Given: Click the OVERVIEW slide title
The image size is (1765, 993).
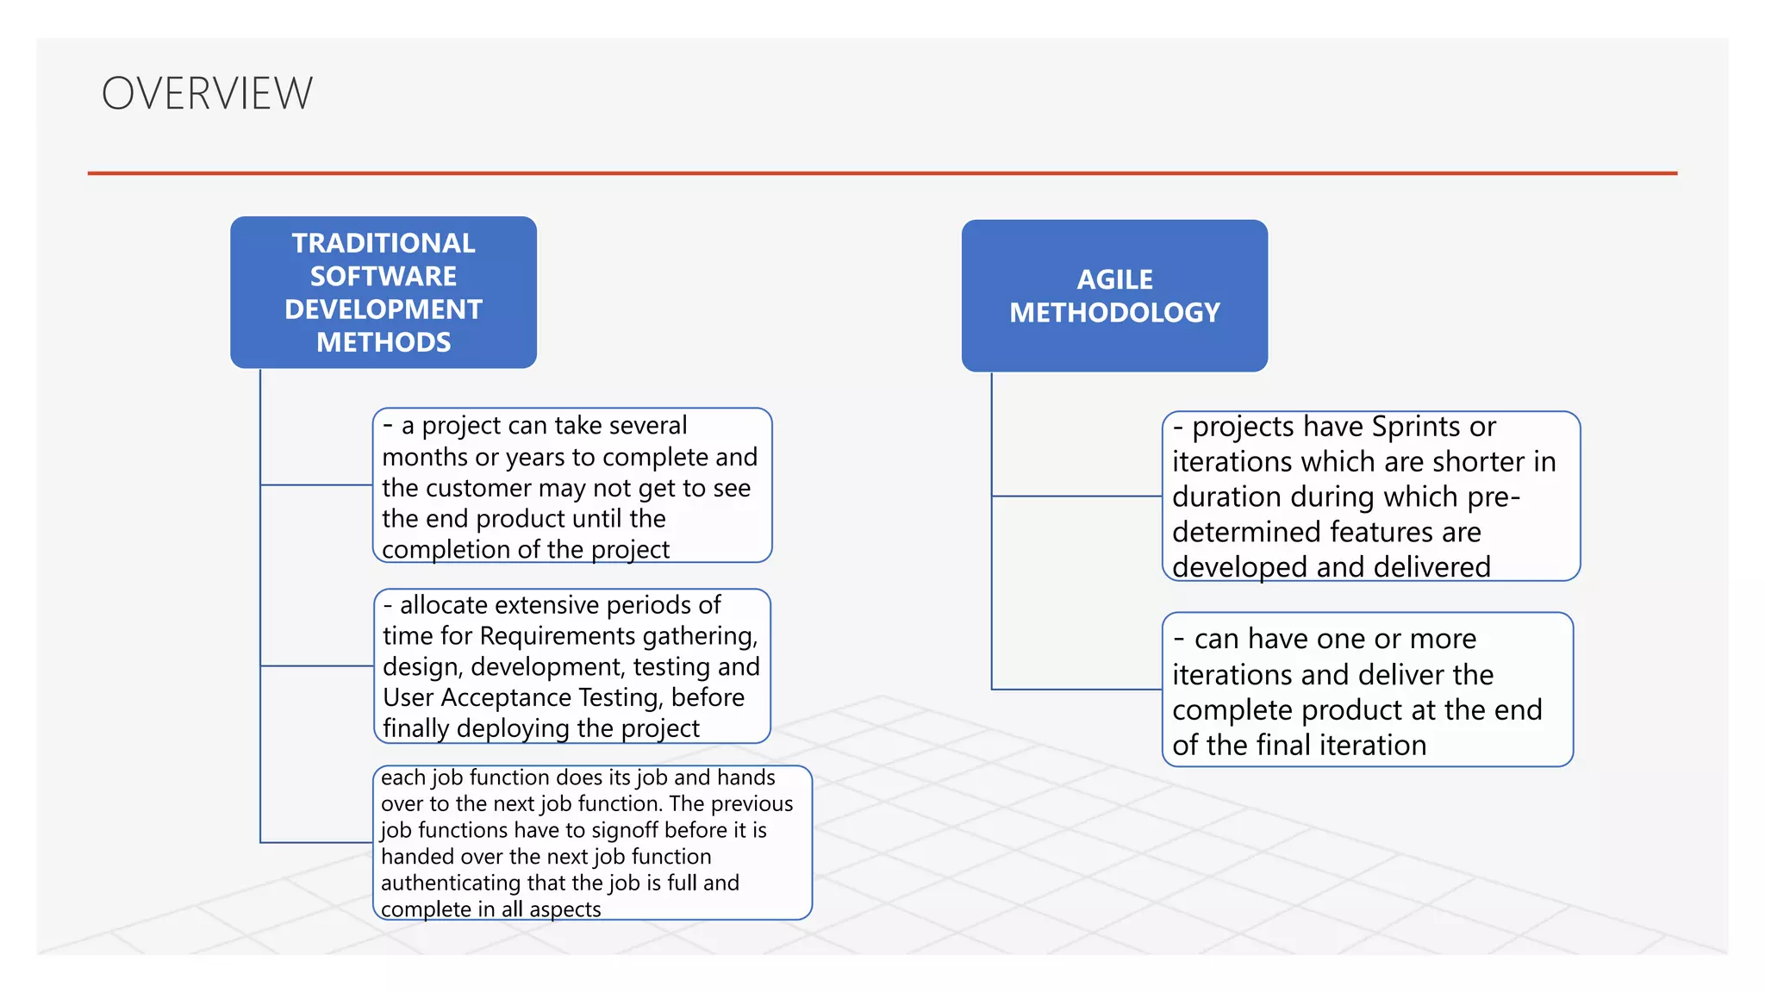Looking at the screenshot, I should point(207,93).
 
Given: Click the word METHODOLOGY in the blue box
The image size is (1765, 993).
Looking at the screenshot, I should point(1114,313).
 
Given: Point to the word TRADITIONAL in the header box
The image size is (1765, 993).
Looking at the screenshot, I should point(384,243).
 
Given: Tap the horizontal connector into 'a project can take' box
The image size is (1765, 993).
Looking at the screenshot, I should point(316,485).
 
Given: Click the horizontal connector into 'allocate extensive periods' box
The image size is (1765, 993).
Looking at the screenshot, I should point(316,665).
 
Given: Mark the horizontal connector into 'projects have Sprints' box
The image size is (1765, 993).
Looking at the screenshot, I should point(1077,496).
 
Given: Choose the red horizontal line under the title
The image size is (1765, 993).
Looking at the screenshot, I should point(882,173).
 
